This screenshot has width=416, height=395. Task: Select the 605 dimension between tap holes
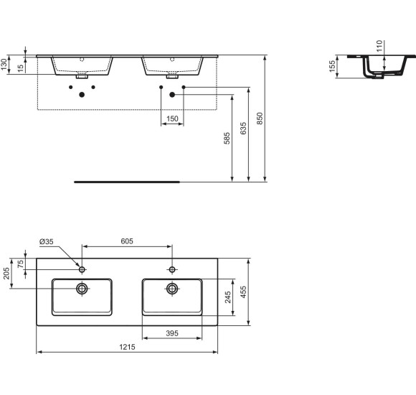coord(128,242)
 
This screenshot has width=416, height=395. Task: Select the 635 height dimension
coord(244,129)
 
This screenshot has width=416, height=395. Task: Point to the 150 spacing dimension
coord(172,118)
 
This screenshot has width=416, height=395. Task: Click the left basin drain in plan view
coord(82,289)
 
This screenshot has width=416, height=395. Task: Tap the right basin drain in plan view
coord(172,289)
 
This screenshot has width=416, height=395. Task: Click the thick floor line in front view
coord(126,182)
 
